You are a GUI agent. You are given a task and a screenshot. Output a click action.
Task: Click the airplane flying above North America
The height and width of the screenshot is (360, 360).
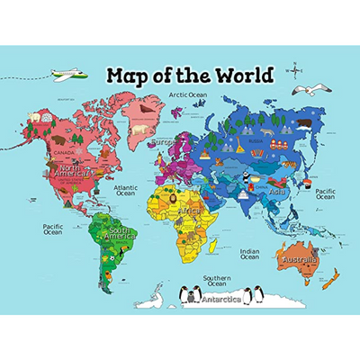tap(66, 73)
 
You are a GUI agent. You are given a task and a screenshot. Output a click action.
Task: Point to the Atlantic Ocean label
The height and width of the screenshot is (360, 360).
tap(125, 190)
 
